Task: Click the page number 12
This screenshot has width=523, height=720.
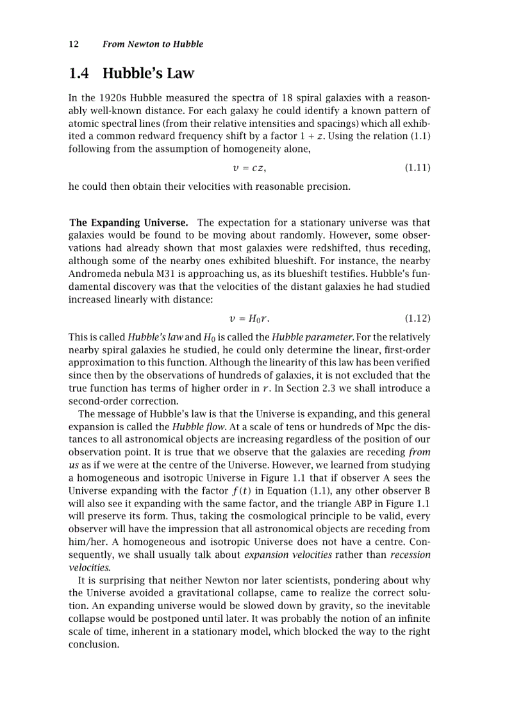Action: click(x=73, y=44)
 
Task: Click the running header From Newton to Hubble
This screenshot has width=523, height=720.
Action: click(x=153, y=44)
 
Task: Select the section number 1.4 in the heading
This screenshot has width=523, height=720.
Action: click(x=79, y=74)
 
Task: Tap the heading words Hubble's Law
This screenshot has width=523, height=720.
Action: click(x=148, y=74)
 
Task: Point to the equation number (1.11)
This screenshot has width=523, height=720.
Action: click(x=417, y=168)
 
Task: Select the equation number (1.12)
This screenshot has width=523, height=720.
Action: click(x=417, y=319)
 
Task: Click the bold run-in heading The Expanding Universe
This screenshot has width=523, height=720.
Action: click(x=128, y=222)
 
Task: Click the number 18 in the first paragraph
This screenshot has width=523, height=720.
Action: click(x=297, y=98)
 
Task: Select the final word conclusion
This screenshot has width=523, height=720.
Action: click(x=94, y=644)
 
